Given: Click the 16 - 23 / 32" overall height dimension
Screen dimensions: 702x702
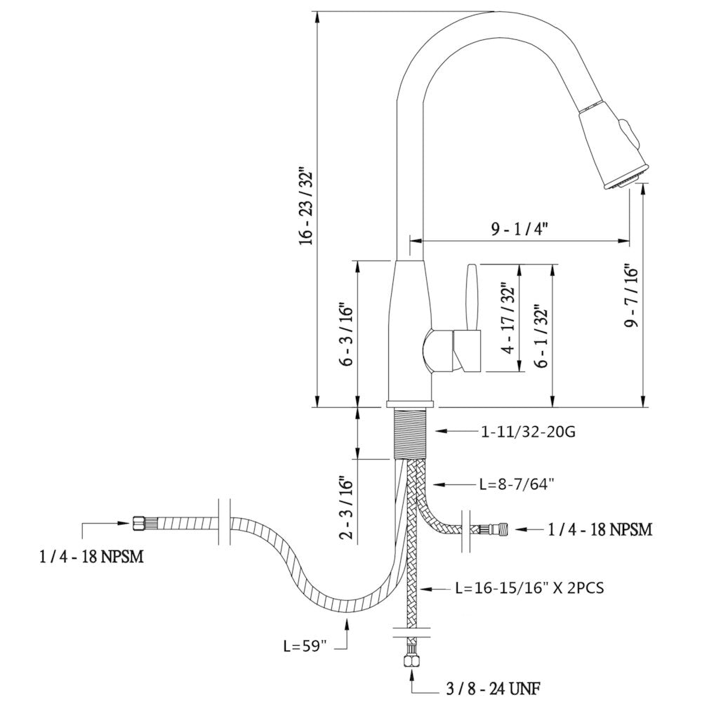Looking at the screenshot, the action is (x=307, y=206).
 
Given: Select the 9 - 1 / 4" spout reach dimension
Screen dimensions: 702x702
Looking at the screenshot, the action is (x=519, y=230).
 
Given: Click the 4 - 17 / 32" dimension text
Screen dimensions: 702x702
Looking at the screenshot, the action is (x=510, y=318).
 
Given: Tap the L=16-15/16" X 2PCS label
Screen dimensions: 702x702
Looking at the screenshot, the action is (x=529, y=588).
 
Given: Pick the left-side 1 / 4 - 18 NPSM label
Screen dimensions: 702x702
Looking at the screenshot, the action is (x=92, y=557).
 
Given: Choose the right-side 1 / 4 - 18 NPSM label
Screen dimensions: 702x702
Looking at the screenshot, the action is (x=600, y=529).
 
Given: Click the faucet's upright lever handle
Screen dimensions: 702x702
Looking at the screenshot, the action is (x=472, y=296).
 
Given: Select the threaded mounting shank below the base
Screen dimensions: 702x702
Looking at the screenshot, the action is (x=409, y=432).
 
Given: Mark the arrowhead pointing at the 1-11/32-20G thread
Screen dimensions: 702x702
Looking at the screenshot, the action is (x=442, y=431).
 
